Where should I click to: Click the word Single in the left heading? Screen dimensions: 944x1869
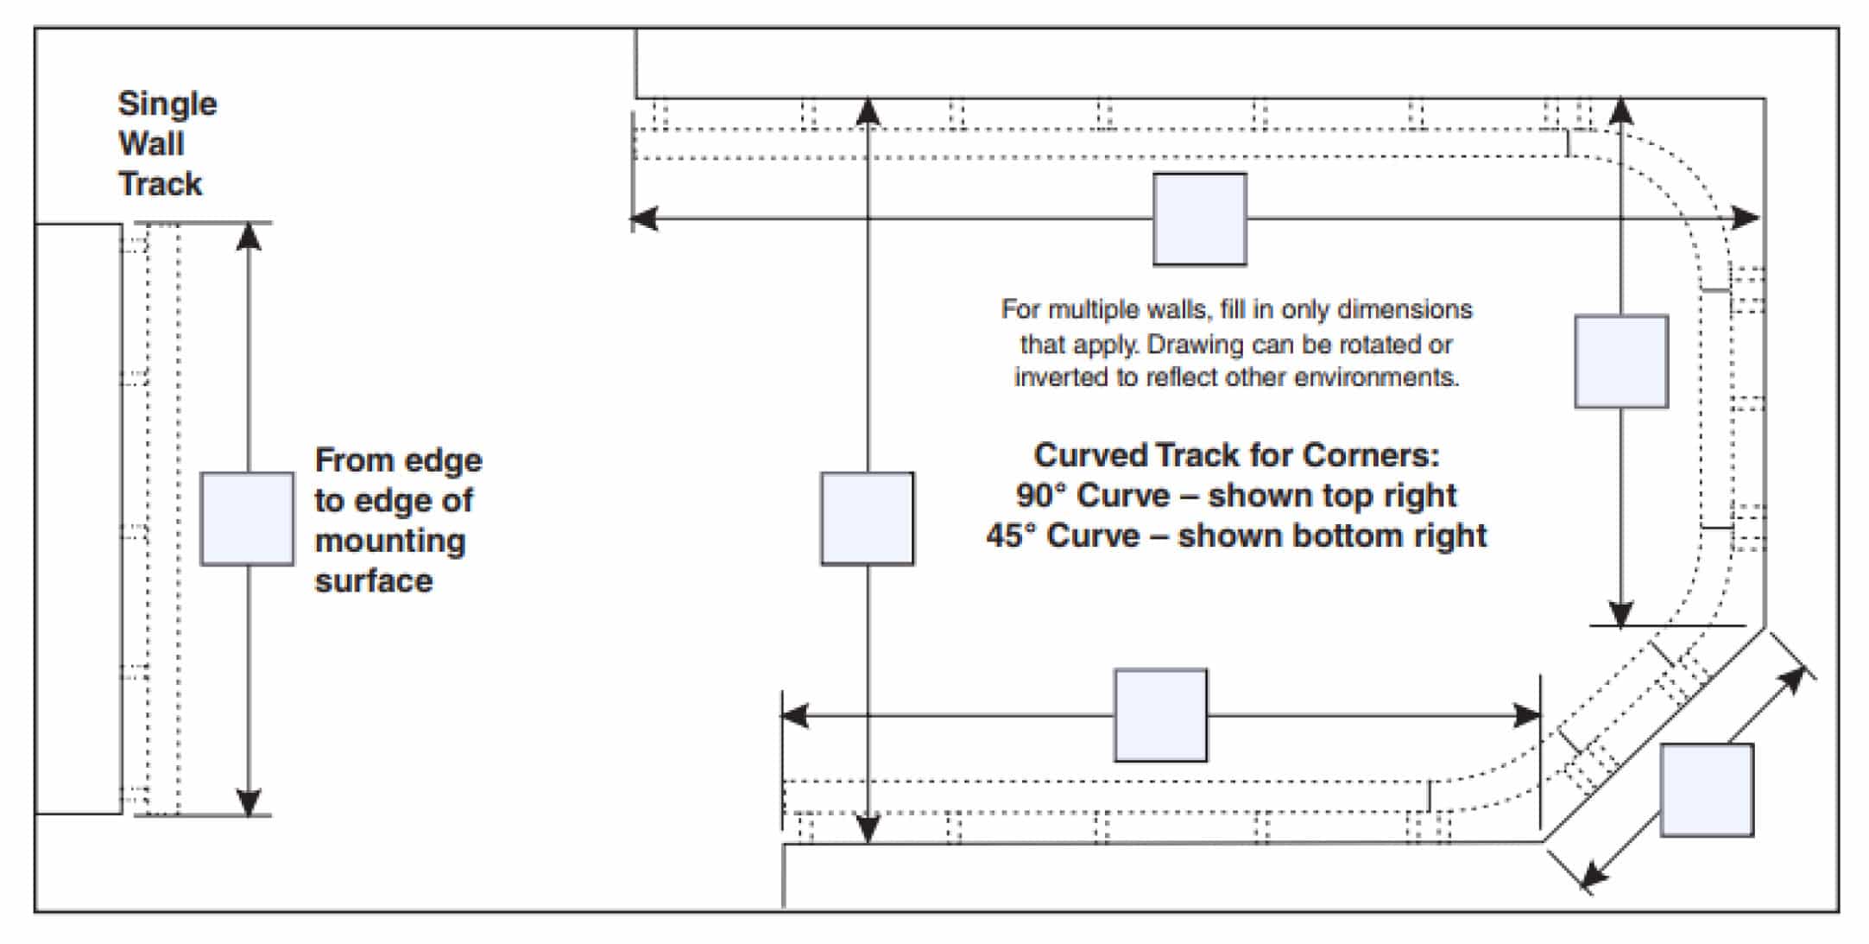pyautogui.click(x=167, y=105)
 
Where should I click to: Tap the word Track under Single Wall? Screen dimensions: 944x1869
pyautogui.click(x=160, y=184)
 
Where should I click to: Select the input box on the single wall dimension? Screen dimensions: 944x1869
pyautogui.click(x=247, y=519)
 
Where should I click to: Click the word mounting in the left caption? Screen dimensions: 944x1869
pyautogui.click(x=390, y=542)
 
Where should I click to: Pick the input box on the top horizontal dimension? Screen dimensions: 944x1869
pyautogui.click(x=1200, y=219)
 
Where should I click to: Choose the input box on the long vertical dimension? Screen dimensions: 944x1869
pyautogui.click(x=867, y=519)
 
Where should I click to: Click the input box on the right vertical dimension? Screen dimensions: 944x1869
pyautogui.click(x=1621, y=361)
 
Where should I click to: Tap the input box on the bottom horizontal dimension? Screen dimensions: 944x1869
pyautogui.click(x=1160, y=715)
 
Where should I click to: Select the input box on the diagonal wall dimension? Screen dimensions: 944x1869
pyautogui.click(x=1707, y=790)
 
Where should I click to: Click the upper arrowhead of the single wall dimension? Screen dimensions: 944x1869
pyautogui.click(x=249, y=236)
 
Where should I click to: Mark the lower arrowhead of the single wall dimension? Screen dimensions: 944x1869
pyautogui.click(x=249, y=802)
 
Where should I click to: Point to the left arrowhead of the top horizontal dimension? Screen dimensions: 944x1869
pyautogui.click(x=644, y=219)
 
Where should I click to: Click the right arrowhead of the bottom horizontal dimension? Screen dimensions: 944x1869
pyautogui.click(x=1527, y=715)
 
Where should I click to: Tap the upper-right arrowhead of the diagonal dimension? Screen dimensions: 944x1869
pyautogui.click(x=1794, y=679)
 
